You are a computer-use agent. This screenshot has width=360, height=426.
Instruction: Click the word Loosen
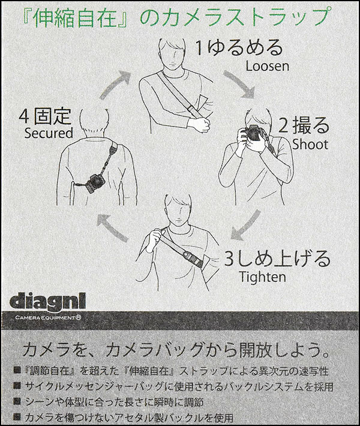tap(268, 66)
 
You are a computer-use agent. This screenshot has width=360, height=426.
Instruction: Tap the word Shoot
tap(310, 144)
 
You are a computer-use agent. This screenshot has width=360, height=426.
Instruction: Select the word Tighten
tap(263, 277)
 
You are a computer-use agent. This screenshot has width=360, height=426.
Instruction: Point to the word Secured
tap(49, 133)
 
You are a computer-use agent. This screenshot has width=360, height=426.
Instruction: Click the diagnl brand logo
tap(47, 302)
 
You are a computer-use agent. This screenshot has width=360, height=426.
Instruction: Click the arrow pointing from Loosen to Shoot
tap(239, 84)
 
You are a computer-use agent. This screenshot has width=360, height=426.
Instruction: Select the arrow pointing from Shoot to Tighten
tap(245, 226)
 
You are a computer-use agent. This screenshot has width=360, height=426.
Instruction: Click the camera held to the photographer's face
tap(251, 133)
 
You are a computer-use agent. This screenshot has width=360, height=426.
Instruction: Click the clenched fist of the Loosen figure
tap(203, 125)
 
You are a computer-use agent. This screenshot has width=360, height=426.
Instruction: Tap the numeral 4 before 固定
tap(25, 117)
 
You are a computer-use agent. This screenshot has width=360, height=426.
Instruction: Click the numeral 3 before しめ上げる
tap(229, 259)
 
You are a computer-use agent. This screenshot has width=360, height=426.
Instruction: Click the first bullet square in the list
tap(17, 371)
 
